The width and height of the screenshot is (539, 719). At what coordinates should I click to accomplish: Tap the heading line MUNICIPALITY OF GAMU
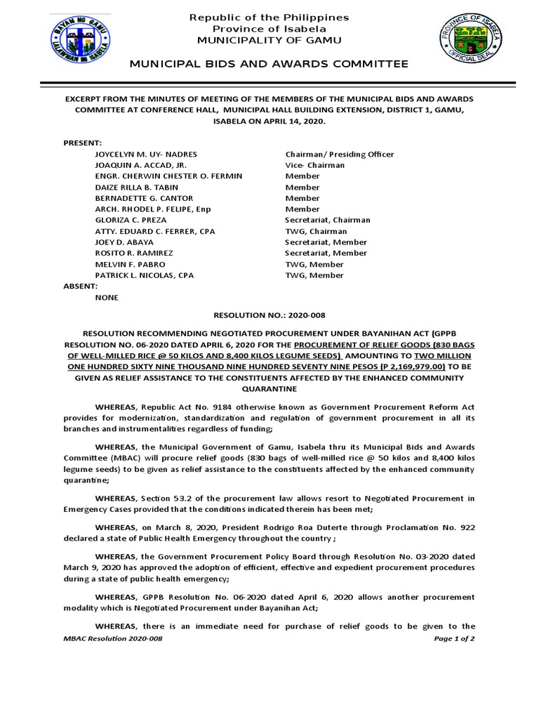pos(269,40)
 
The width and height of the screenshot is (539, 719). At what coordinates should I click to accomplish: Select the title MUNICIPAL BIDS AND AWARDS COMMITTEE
pos(269,64)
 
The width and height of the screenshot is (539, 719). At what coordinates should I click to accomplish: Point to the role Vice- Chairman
pos(315,165)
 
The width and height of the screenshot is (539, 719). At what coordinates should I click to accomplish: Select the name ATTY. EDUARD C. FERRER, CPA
pos(155,231)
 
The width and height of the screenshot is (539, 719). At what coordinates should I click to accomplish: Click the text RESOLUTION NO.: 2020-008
pos(269,316)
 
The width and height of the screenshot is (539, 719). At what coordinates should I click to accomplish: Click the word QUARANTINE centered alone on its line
pos(269,388)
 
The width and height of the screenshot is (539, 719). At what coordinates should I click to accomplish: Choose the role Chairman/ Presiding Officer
pos(340,154)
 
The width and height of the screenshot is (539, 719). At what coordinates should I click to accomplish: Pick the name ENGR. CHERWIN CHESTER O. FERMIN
pos(166,176)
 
